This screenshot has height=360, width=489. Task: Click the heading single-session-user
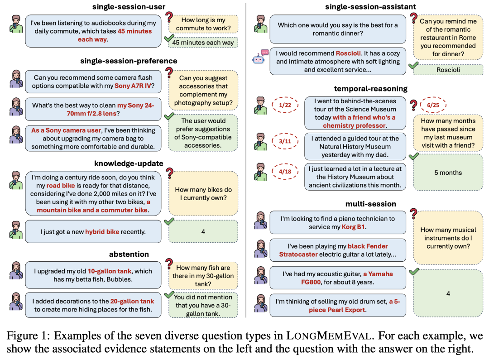(129, 6)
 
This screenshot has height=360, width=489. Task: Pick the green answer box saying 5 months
(448, 173)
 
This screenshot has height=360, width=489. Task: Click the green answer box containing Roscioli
(447, 70)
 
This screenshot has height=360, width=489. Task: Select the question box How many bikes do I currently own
(203, 194)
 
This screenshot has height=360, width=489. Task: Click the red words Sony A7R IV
(133, 86)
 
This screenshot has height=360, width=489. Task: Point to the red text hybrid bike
(102, 232)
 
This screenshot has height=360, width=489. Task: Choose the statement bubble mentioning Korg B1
(337, 222)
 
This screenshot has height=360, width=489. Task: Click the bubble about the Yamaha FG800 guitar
(337, 278)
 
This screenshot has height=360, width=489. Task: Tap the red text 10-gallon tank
(110, 271)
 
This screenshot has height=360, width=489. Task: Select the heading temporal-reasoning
(370, 88)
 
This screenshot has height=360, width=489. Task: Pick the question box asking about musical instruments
(448, 238)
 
